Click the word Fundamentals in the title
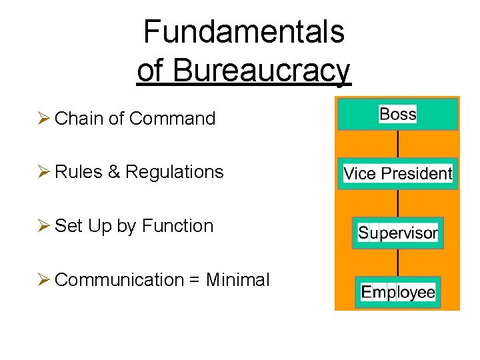coord(243,31)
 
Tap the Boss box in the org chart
coord(398,114)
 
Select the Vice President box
coord(398,173)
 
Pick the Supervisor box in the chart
coord(398,233)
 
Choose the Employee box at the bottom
coord(398,292)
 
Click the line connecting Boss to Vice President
coord(398,143)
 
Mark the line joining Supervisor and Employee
coord(398,262)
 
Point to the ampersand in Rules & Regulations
coord(114,172)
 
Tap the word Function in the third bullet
coord(177,226)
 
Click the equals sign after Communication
coord(194,280)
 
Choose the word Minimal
coord(238,280)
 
